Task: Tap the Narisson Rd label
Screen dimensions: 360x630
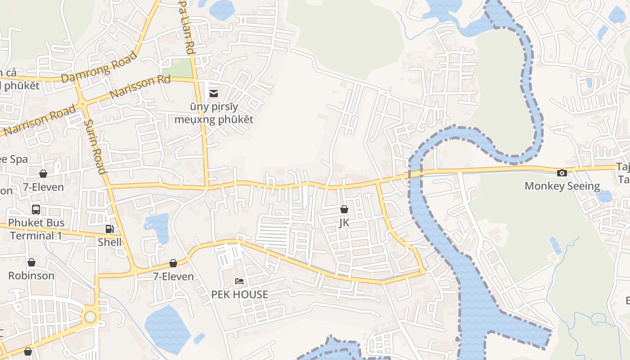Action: [140, 87]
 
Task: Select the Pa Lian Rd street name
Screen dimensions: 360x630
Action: [186, 27]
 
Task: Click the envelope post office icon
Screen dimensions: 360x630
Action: [214, 93]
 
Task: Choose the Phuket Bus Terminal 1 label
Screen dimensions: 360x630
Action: [36, 229]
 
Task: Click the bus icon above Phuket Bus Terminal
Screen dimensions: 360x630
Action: [36, 209]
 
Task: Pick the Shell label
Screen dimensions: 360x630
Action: [110, 242]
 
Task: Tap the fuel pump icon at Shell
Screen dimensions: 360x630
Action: [109, 229]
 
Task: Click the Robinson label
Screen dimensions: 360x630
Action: [31, 275]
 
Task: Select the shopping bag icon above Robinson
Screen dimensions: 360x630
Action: [31, 262]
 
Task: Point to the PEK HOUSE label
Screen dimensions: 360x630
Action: [240, 295]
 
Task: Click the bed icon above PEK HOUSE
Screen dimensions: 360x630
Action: [240, 282]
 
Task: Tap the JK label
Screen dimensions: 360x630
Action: [344, 223]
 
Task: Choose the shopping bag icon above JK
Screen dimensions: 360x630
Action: [344, 209]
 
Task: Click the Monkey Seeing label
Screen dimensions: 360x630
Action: [562, 186]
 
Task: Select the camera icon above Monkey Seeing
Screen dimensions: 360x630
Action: [562, 173]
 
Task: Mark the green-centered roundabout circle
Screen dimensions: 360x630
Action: [90, 317]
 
